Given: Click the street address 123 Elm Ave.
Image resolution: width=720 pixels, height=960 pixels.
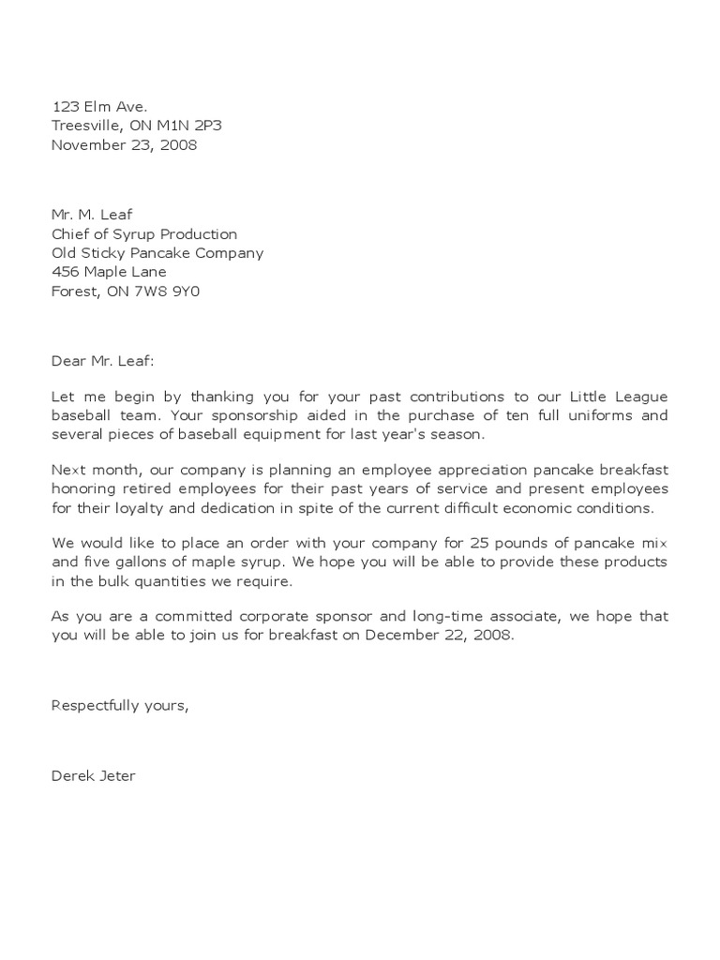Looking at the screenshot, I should [x=98, y=107].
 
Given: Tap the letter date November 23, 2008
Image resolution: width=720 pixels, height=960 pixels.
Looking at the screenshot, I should [x=124, y=144].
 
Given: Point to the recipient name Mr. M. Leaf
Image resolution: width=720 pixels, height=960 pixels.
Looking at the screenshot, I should [x=92, y=215].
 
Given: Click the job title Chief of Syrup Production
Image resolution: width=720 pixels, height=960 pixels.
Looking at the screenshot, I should [x=143, y=233].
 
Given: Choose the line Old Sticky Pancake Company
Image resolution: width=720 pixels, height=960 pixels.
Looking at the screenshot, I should [x=157, y=252].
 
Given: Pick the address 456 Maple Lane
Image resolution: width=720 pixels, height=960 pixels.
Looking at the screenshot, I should [x=108, y=272].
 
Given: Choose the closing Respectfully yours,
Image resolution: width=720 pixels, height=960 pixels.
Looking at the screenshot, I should [x=120, y=705].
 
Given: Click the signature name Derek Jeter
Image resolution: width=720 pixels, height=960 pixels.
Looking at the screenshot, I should [x=93, y=776].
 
